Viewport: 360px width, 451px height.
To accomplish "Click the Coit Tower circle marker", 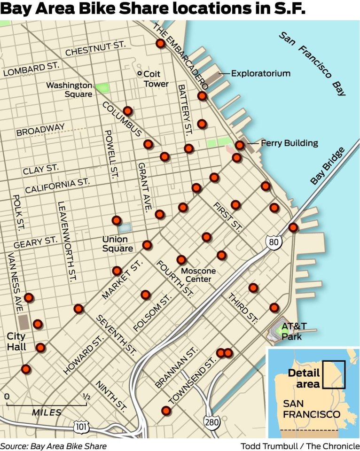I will (x=139, y=74).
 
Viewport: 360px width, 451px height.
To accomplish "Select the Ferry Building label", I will (x=289, y=143).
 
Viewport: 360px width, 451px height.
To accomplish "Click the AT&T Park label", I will (x=291, y=331).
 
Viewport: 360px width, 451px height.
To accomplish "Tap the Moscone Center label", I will (x=198, y=275).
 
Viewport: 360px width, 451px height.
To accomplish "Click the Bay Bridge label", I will (x=328, y=166).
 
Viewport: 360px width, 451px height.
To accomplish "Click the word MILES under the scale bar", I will (x=47, y=412).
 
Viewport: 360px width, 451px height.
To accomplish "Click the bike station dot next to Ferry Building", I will (x=240, y=145).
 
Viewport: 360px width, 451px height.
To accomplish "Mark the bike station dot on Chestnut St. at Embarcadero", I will (x=160, y=44).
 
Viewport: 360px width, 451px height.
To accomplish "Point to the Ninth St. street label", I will (x=105, y=395).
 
